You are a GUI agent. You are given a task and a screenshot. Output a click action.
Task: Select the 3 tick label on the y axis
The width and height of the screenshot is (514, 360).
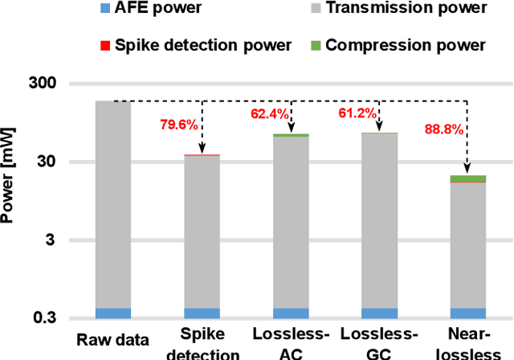[53, 240]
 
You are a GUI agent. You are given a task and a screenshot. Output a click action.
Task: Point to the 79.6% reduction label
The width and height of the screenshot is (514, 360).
[179, 124]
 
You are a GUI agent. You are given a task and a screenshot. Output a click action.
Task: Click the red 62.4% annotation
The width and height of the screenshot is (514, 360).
[269, 114]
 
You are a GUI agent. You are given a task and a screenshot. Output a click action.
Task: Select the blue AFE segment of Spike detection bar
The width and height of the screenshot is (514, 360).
[202, 313]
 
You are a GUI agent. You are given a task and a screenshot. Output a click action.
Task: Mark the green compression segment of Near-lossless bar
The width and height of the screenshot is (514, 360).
[467, 178]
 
